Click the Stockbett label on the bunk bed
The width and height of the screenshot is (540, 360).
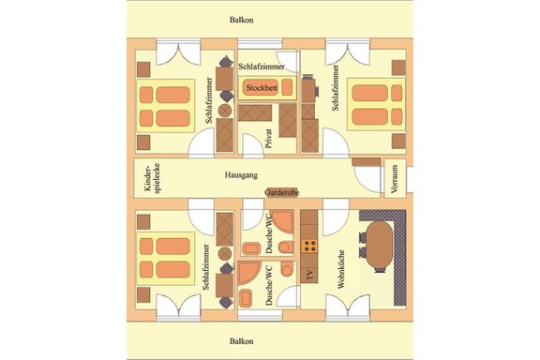262,88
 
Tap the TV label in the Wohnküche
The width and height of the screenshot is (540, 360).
310,276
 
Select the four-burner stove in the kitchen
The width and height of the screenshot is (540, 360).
309,246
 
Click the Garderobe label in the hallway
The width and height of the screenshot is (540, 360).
281,192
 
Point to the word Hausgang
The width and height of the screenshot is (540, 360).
241,175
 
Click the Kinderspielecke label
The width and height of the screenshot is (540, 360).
152,178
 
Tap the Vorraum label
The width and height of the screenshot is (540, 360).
395,178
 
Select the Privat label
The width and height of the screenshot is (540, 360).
269,138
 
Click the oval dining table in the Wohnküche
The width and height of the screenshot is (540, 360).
379,245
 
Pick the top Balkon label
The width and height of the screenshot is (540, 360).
242,20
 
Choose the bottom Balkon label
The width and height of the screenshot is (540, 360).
242,341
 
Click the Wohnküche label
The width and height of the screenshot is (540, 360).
341,269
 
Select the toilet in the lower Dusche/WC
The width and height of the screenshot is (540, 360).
287,268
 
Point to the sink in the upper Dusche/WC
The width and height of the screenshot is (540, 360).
251,248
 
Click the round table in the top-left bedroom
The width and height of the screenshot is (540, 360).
225,111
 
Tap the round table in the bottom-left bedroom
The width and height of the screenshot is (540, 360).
225,253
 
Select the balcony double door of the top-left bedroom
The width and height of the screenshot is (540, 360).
178,53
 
